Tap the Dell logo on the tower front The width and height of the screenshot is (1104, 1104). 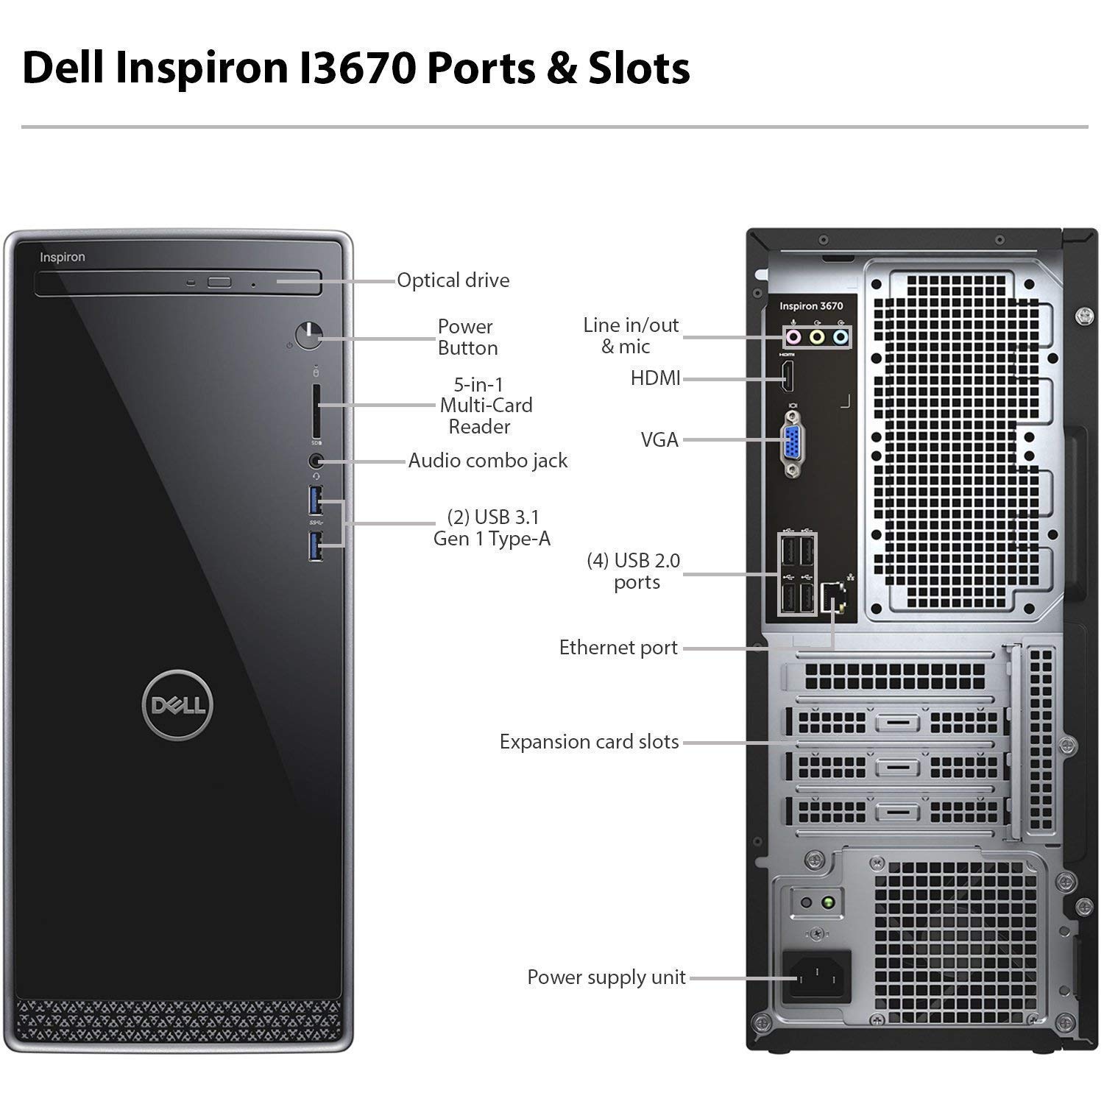pyautogui.click(x=178, y=705)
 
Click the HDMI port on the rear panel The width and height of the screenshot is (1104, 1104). pyautogui.click(x=787, y=378)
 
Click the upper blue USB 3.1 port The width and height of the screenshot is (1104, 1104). pyautogui.click(x=316, y=500)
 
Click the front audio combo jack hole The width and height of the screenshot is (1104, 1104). pyautogui.click(x=316, y=461)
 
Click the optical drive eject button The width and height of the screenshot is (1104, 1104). pyautogui.click(x=219, y=282)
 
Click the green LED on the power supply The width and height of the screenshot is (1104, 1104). pyautogui.click(x=829, y=902)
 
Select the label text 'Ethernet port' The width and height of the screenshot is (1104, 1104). pyautogui.click(x=618, y=648)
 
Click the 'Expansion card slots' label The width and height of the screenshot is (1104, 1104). pyautogui.click(x=589, y=742)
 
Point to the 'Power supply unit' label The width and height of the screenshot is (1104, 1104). pyautogui.click(x=606, y=977)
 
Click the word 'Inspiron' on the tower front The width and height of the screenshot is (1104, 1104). pyautogui.click(x=63, y=257)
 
